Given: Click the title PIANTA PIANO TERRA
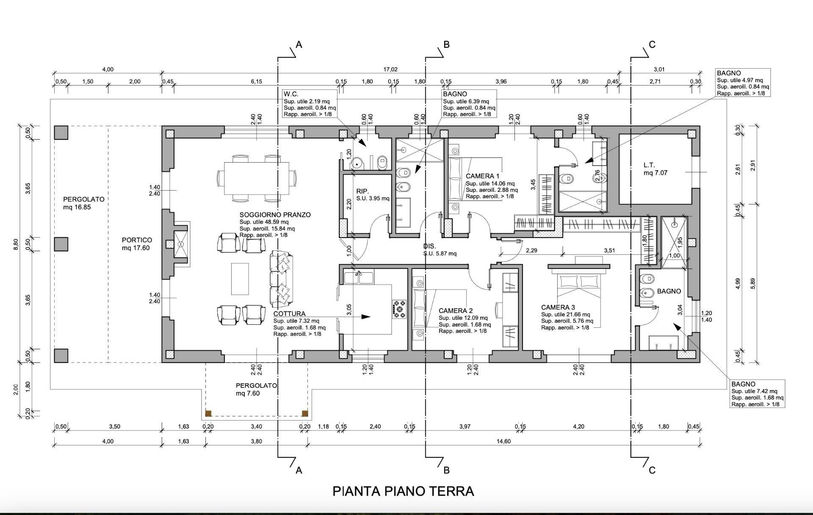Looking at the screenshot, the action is point(403,491).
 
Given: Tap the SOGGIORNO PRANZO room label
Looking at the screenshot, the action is point(275,215).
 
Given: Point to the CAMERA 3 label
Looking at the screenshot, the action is point(558,307).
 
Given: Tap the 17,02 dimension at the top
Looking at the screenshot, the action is point(390,69).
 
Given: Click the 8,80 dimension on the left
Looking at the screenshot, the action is point(16,244).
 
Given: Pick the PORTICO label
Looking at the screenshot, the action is point(137,240).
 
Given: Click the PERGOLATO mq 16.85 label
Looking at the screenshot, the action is point(83,203).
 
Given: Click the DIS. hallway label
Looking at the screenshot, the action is point(429,246).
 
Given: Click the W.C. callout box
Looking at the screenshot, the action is point(310,104).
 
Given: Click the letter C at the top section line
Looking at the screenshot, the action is point(652,44).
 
